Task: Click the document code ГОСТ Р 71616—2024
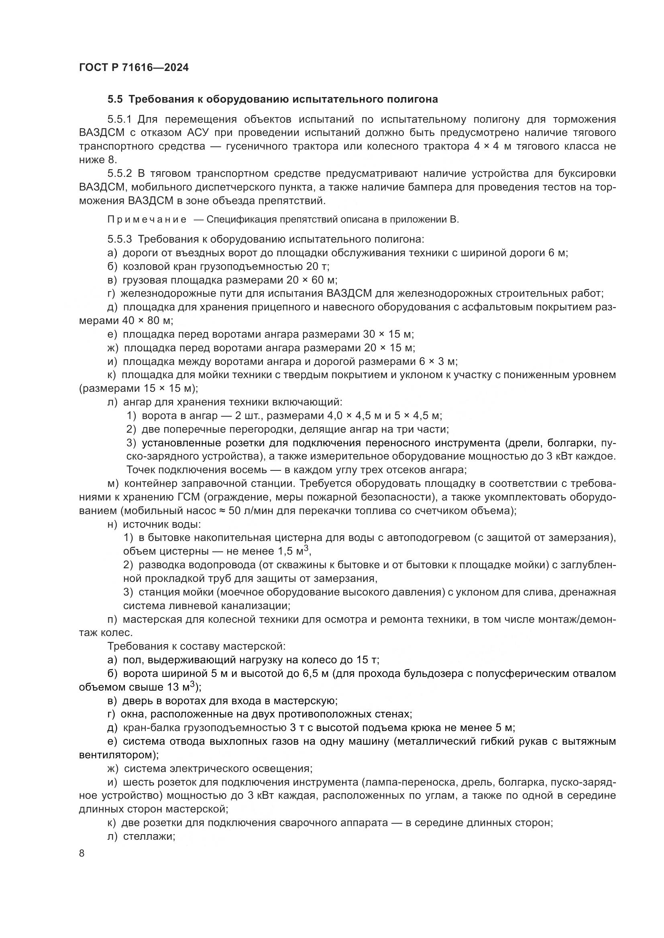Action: [134, 68]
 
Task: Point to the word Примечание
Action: [147, 220]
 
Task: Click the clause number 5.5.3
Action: [119, 239]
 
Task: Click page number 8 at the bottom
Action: [82, 853]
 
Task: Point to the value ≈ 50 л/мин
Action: [253, 511]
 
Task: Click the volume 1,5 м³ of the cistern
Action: [293, 551]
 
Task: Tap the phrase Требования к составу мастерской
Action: [196, 646]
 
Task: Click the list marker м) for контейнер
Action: [113, 484]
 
